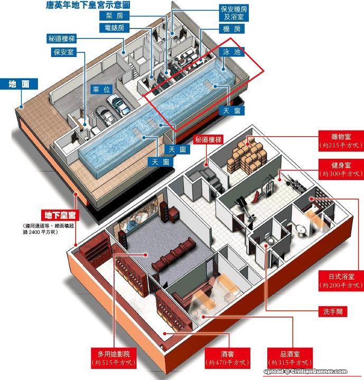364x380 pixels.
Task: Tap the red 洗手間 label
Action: [334, 311]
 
